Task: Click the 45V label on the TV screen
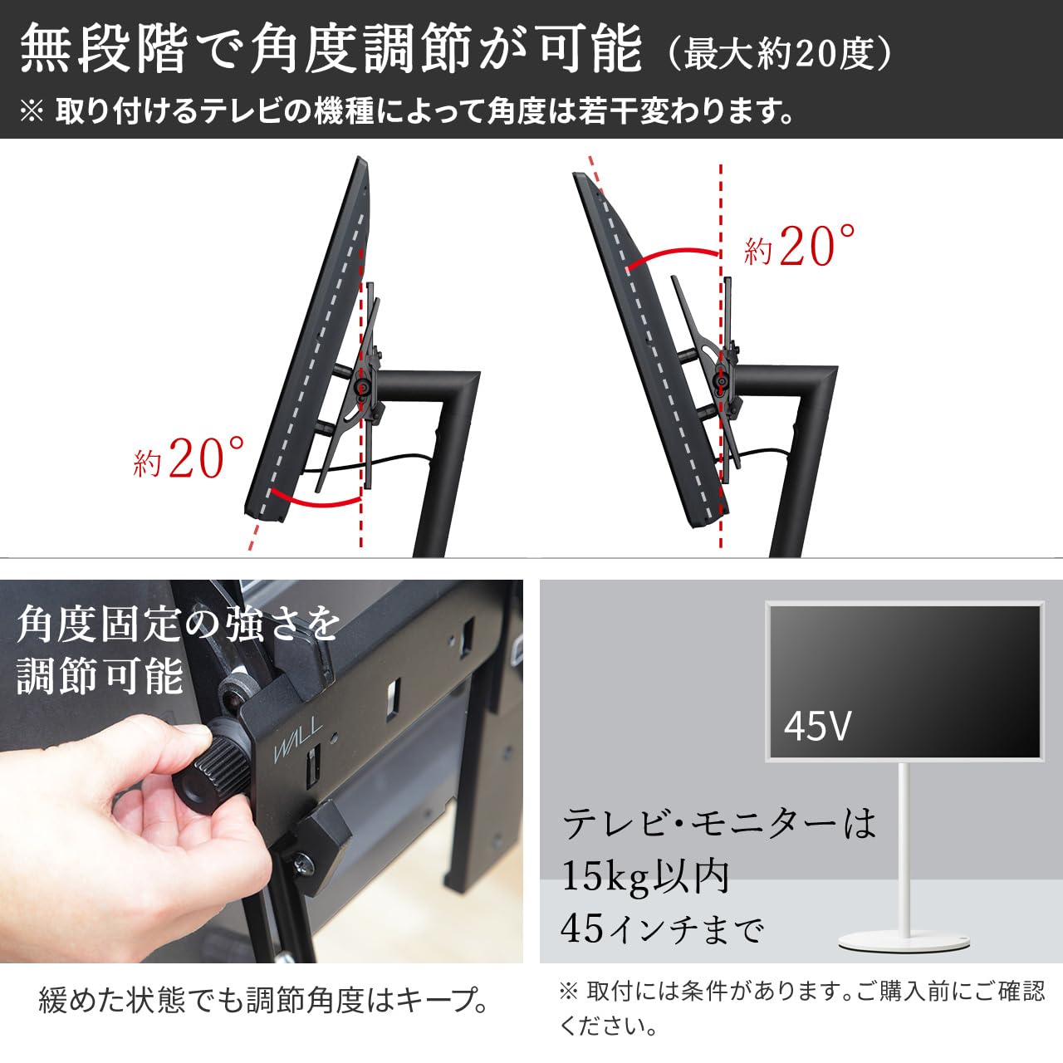tap(818, 725)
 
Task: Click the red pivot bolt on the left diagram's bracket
tap(363, 386)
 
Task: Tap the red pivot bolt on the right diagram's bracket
tap(723, 382)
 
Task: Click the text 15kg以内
tap(645, 876)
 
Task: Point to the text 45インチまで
tap(661, 928)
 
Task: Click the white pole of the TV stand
tap(904, 847)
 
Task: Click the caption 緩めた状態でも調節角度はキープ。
tap(264, 1001)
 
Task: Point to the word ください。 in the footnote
tap(609, 1026)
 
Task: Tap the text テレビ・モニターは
tap(719, 824)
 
